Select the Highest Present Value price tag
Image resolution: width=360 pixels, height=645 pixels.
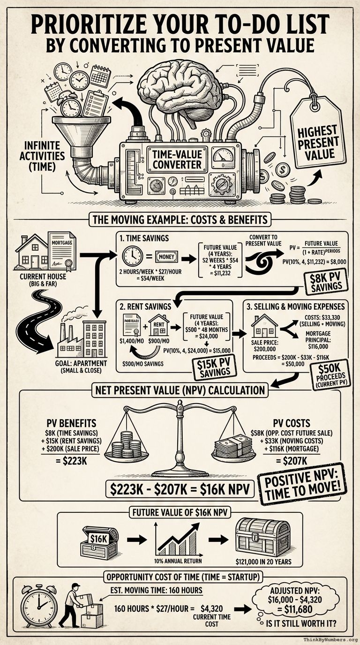tap(317, 140)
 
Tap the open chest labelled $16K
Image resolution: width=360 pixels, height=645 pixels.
tap(99, 542)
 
